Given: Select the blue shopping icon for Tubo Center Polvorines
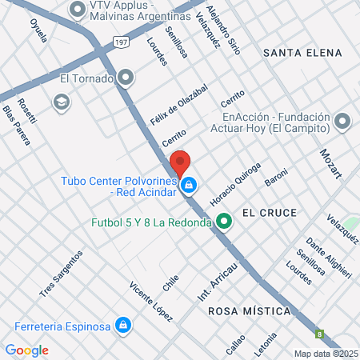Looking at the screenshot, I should click(x=189, y=186).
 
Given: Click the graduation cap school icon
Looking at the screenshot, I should click(x=61, y=102).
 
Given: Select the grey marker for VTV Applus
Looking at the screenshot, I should click(x=78, y=10).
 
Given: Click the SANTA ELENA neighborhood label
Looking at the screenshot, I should click(x=302, y=53).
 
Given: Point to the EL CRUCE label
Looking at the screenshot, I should click(x=269, y=213).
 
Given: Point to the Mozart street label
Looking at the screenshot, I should click(x=330, y=163).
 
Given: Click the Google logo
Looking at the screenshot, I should click(x=27, y=350).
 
